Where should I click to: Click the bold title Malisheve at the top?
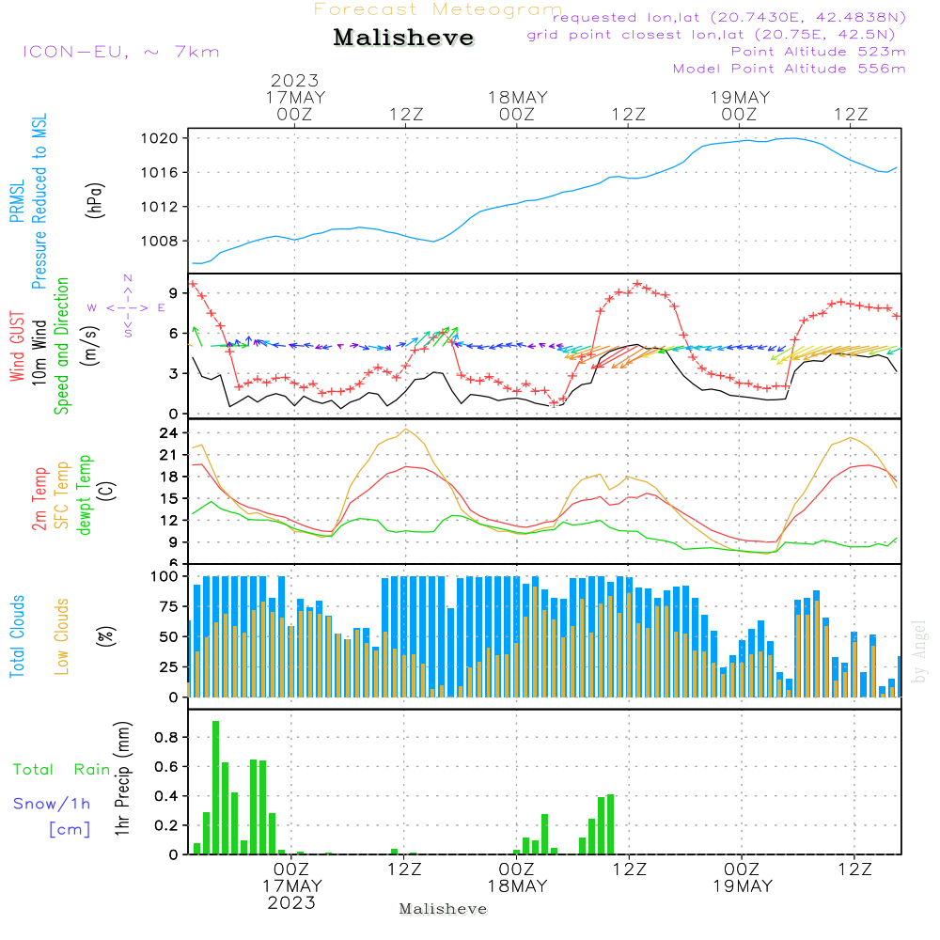[403, 39]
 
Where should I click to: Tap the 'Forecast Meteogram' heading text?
[437, 10]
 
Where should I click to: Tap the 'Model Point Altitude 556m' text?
[790, 69]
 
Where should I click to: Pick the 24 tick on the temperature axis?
[169, 433]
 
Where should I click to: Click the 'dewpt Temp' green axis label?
[85, 494]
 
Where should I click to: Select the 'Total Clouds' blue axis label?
[18, 636]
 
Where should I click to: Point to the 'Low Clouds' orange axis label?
[62, 636]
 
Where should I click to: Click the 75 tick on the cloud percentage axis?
[166, 606]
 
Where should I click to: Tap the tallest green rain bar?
[215, 788]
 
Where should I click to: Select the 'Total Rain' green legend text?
[62, 770]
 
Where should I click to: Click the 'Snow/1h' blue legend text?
[53, 804]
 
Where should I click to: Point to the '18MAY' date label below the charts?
[517, 886]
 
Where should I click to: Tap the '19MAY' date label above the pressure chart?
[740, 98]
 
